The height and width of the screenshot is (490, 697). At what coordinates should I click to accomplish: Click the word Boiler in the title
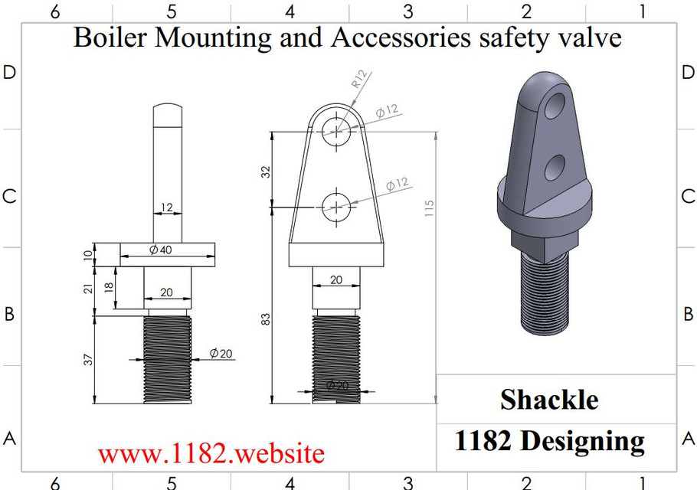tap(110, 38)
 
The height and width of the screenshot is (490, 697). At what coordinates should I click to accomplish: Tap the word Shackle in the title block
tap(549, 399)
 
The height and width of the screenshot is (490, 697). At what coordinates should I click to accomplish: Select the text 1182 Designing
tap(549, 441)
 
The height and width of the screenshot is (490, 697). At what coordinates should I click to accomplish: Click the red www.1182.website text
tap(211, 453)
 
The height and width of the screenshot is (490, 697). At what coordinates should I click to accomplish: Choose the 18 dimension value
tap(109, 287)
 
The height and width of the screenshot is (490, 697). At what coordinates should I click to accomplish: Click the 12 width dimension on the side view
tap(168, 207)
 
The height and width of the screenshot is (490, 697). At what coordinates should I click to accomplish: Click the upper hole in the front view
tap(337, 131)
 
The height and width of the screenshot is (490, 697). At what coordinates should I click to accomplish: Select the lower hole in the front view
tap(337, 207)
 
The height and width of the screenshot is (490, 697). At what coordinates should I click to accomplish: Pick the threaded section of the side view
tap(167, 360)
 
